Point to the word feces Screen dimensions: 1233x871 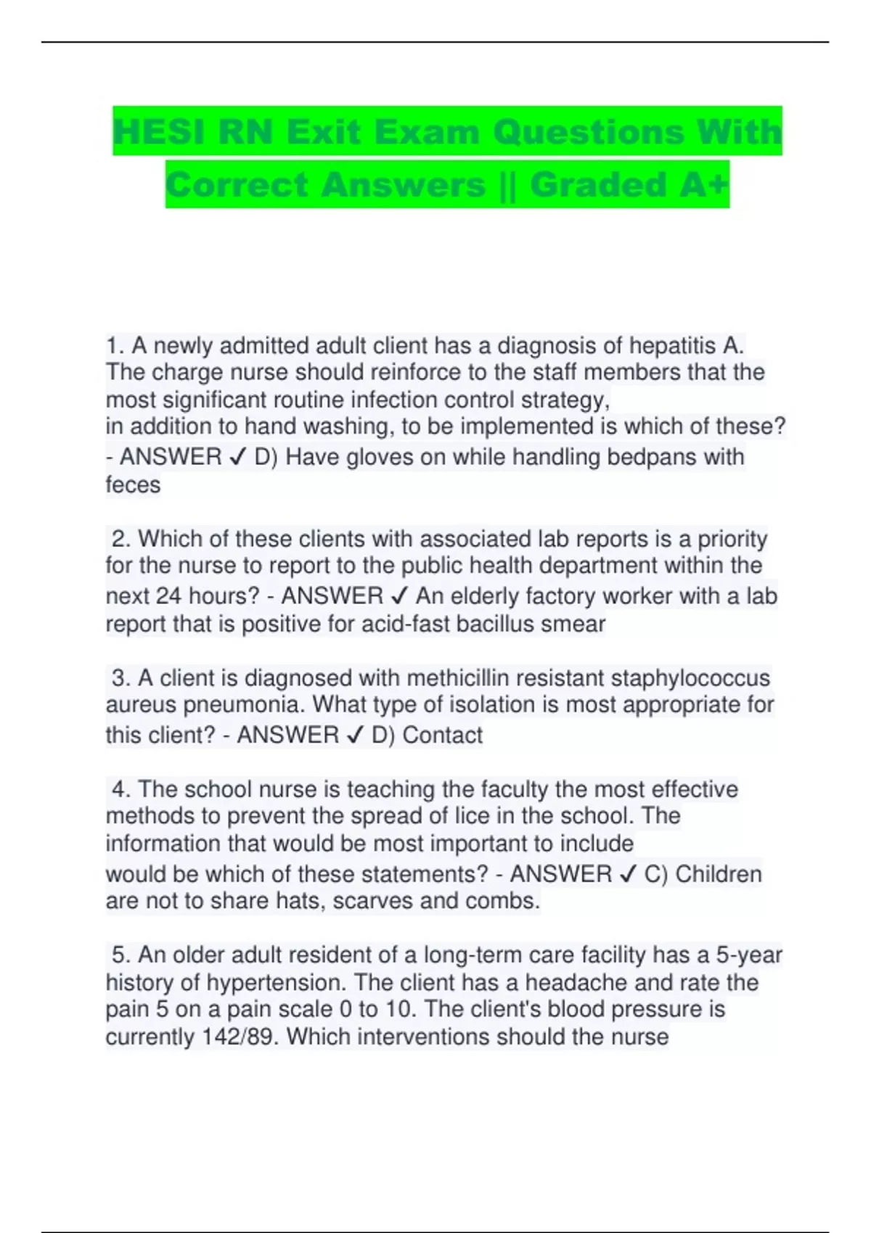pos(133,484)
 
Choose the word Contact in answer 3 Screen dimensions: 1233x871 pos(442,735)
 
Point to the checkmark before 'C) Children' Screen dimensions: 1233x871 pos(628,875)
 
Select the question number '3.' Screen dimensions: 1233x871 pos(121,678)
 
